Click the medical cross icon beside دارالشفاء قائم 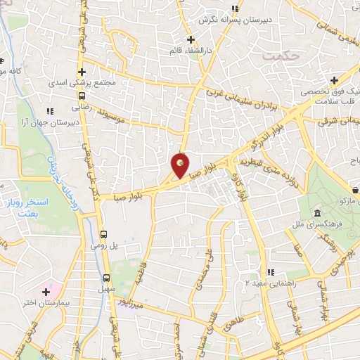tap(191, 39)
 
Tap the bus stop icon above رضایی tap(82, 96)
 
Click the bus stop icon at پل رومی tap(104, 234)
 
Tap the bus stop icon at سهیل tap(107, 278)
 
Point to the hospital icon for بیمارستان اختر tap(47, 291)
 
